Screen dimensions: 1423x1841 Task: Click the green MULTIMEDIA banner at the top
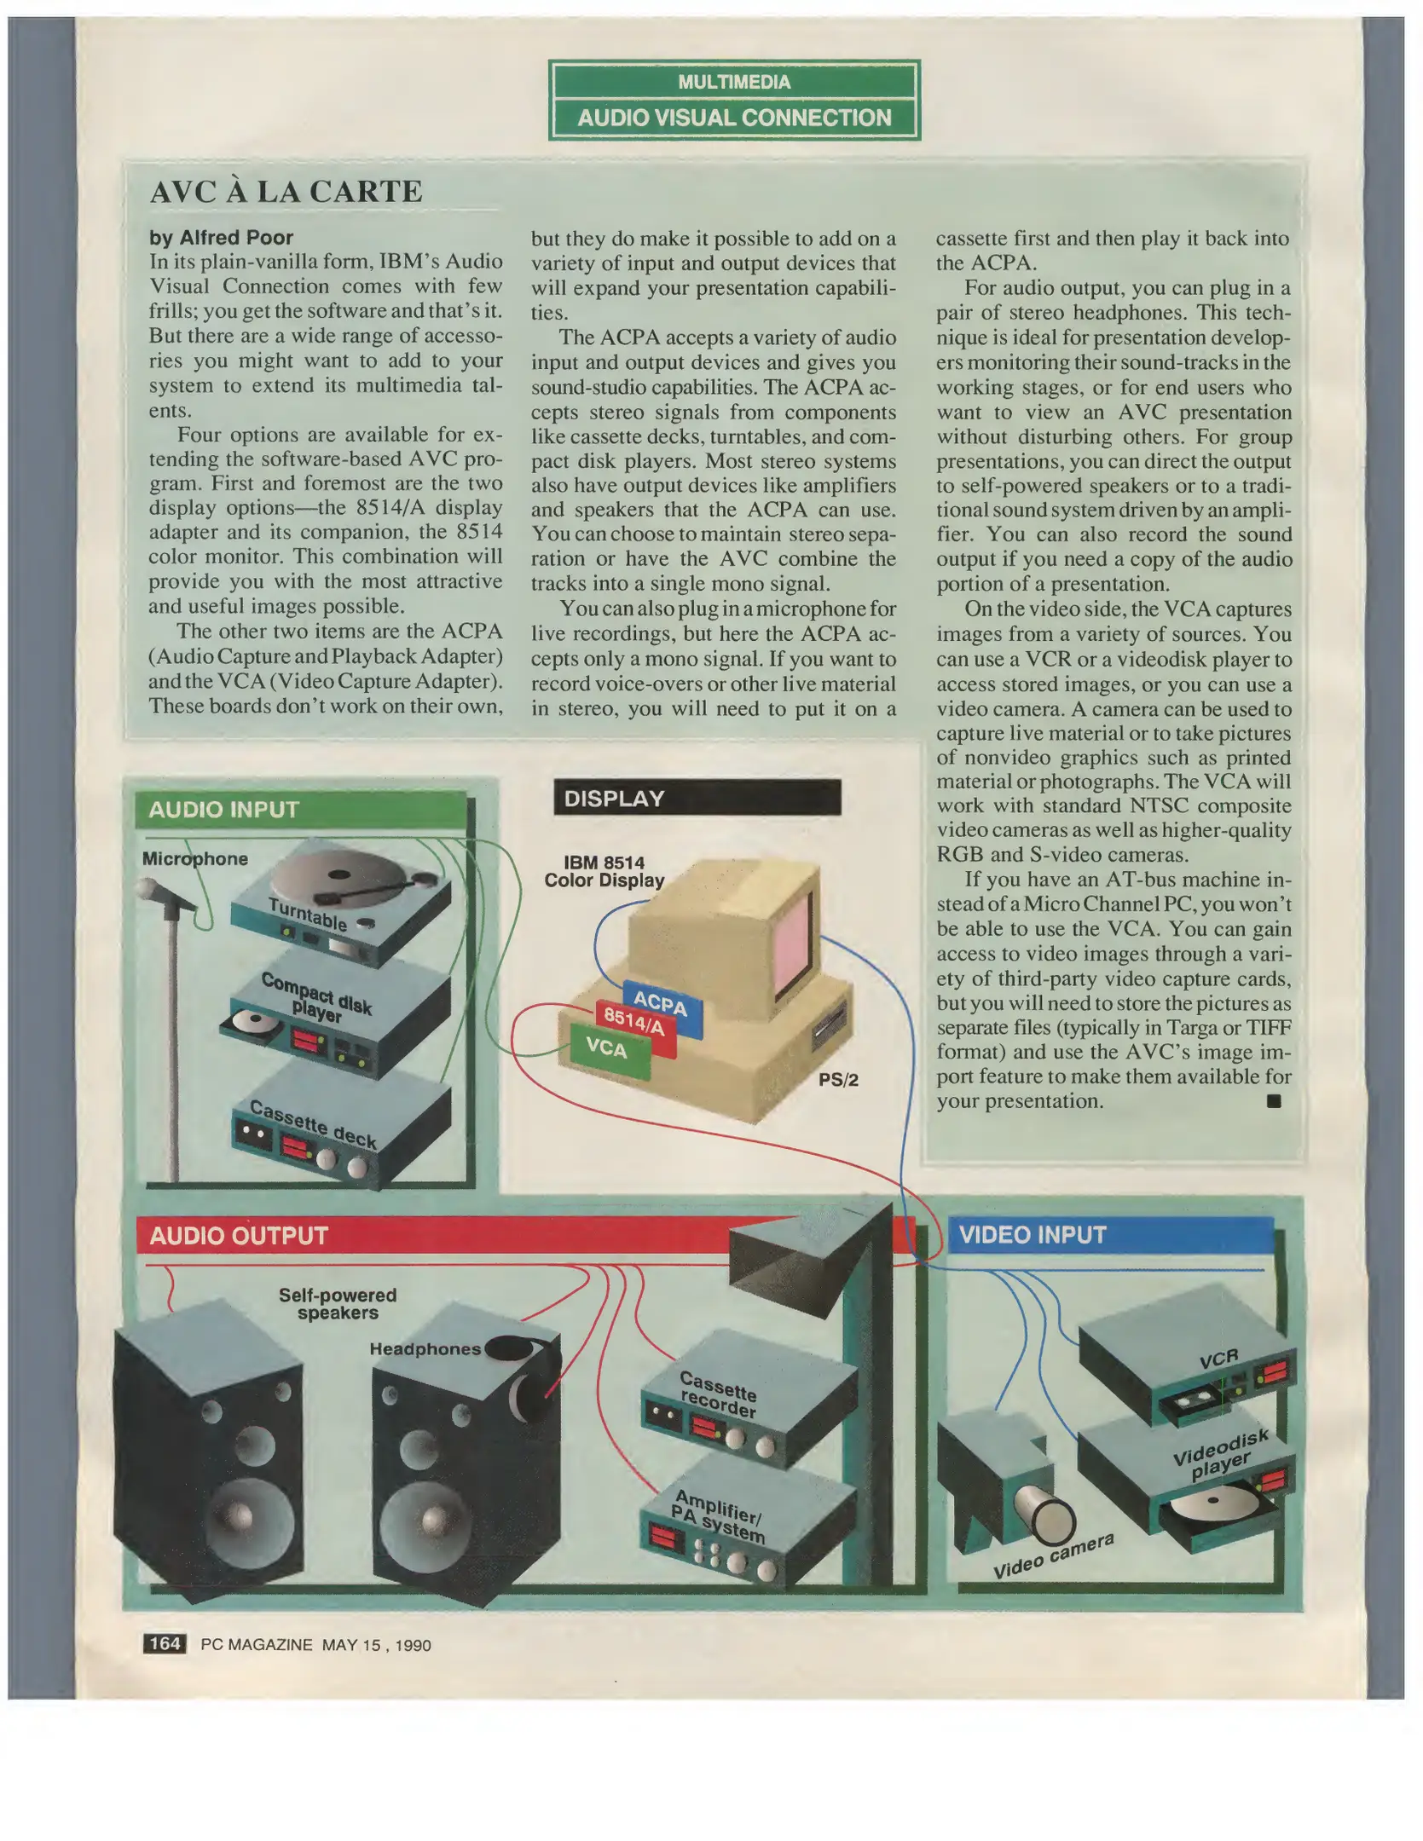734,82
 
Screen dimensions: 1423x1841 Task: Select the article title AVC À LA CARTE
286,192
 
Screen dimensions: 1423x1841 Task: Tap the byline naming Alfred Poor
221,238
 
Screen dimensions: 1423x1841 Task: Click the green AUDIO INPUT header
301,809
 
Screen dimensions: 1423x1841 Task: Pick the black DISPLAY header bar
697,798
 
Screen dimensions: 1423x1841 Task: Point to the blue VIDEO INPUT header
1110,1235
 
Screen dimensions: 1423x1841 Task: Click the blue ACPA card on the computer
662,1007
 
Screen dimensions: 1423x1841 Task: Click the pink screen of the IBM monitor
792,938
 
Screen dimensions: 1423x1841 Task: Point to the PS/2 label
838,1080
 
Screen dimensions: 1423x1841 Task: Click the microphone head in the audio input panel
152,892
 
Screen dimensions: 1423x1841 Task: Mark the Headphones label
425,1348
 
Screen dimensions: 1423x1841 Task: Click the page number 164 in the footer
165,1644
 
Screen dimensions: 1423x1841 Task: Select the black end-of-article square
1274,1101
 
